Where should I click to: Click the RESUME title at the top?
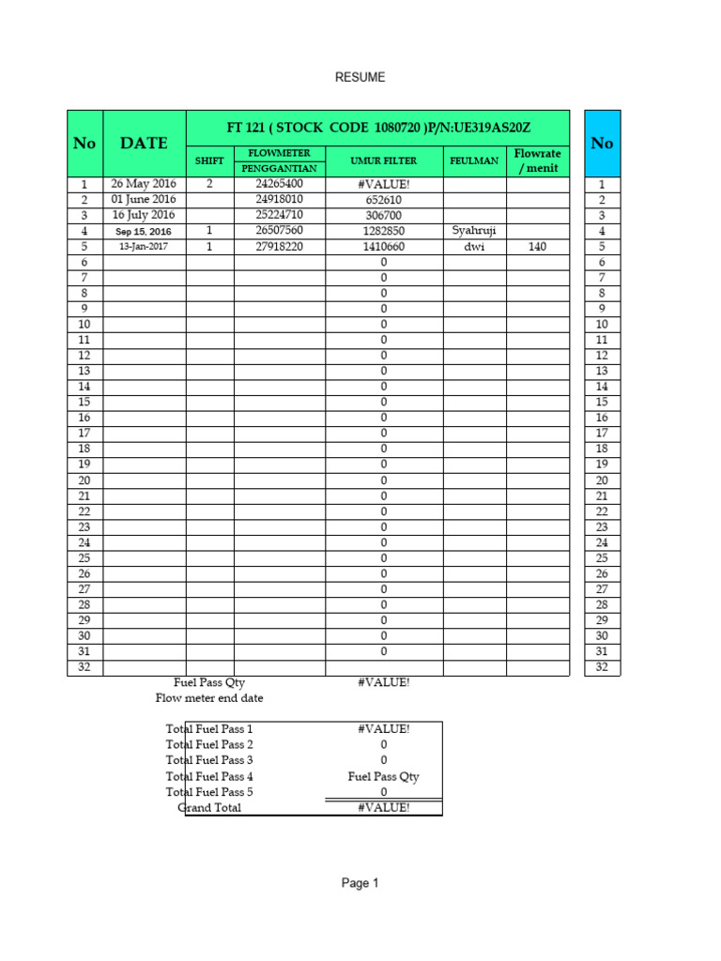[x=360, y=78]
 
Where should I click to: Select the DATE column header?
[x=144, y=143]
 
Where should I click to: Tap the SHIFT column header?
[x=209, y=161]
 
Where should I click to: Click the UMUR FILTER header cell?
[x=383, y=161]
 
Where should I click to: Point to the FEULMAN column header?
[x=474, y=161]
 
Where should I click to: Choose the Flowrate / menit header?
[x=537, y=160]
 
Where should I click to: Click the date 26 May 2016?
[x=144, y=184]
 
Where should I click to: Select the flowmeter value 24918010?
[x=279, y=200]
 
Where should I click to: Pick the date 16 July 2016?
[x=144, y=215]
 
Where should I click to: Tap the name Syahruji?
[x=474, y=231]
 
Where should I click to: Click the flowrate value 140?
[x=537, y=247]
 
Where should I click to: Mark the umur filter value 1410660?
[x=383, y=247]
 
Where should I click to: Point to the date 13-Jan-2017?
[x=144, y=247]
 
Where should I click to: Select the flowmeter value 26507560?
[x=279, y=231]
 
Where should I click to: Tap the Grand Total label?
[x=209, y=808]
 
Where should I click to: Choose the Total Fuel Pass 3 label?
[x=209, y=760]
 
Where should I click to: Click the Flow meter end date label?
[x=209, y=698]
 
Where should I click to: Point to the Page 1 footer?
[x=360, y=883]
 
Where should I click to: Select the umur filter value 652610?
[x=383, y=200]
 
